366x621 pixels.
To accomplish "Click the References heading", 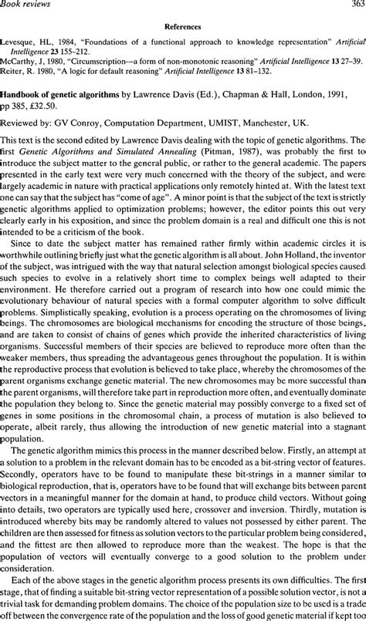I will [183, 24].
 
